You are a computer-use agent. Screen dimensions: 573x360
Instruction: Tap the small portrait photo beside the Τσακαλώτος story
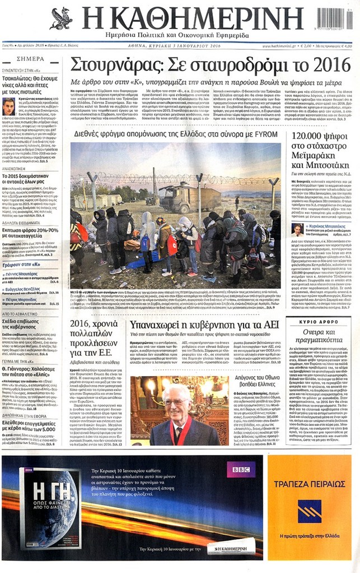pos(8,106)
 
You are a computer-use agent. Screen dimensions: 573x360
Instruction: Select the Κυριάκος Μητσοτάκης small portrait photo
pos(297,229)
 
